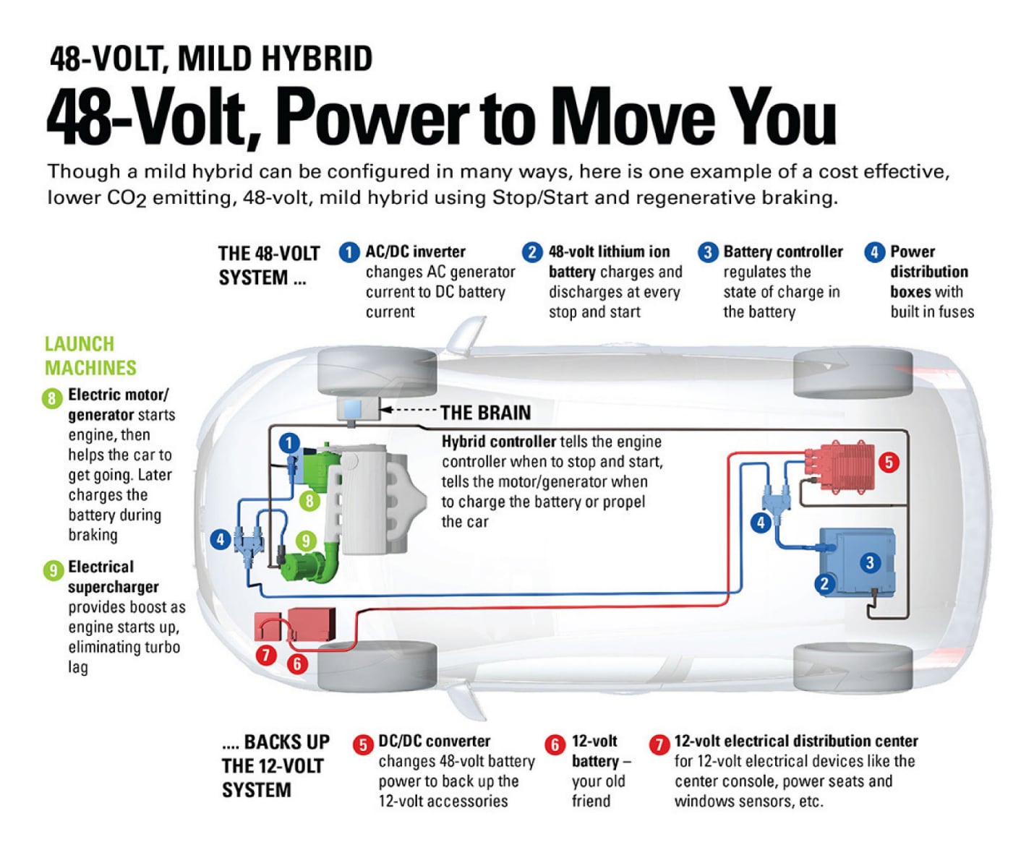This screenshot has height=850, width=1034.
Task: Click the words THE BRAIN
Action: click(x=485, y=413)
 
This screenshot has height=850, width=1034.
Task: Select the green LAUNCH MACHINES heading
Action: click(x=90, y=356)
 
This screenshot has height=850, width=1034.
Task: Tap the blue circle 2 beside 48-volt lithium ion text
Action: click(x=532, y=252)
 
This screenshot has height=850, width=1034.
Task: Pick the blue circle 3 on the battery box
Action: click(x=870, y=563)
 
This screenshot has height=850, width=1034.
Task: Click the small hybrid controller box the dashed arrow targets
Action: click(x=357, y=409)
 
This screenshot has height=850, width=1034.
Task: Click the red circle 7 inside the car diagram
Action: click(x=266, y=655)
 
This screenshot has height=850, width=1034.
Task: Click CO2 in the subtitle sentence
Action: click(x=127, y=198)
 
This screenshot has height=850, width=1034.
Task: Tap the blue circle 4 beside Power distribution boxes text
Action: click(x=874, y=252)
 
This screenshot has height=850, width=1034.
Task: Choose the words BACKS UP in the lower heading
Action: click(x=286, y=742)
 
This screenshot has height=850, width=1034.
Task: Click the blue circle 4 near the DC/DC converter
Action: click(x=760, y=523)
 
